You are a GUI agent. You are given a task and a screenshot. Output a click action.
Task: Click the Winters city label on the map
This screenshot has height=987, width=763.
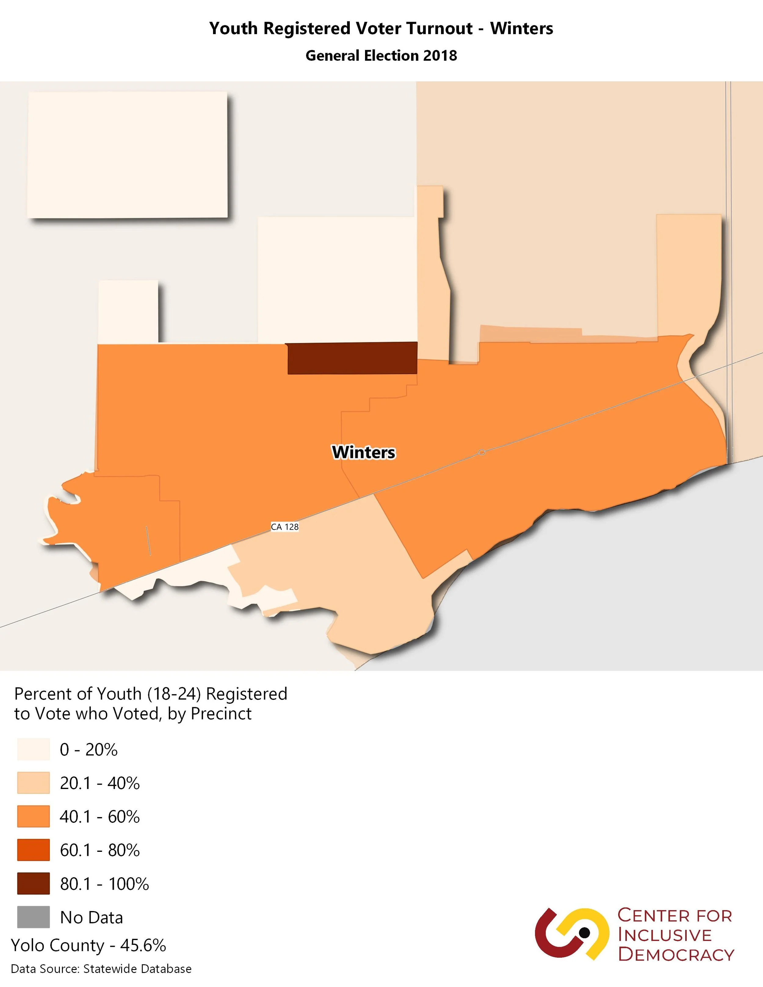coord(363,452)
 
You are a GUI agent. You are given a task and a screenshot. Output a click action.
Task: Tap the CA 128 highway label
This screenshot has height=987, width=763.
coord(285,527)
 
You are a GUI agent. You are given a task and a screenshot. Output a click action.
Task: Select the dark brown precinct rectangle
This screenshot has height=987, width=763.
coord(353,358)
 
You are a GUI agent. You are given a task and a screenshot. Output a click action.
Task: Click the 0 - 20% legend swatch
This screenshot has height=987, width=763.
coord(34,750)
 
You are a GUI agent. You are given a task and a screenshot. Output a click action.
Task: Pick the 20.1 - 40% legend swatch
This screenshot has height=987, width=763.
coord(34,783)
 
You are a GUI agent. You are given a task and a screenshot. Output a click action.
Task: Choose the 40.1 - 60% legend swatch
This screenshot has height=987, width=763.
coord(34,817)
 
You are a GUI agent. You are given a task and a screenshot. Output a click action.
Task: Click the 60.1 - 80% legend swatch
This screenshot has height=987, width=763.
coord(34,850)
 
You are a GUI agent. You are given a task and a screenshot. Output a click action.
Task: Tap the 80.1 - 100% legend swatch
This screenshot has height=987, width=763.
coord(34,884)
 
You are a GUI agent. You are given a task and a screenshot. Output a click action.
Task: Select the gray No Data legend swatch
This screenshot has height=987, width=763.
coord(34,917)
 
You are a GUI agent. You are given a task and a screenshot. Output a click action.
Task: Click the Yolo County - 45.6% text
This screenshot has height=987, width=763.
coord(89,945)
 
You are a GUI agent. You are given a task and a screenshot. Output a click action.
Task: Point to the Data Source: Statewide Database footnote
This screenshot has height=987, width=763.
coord(101,969)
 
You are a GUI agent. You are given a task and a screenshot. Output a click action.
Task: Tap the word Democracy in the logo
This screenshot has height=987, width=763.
coord(676,954)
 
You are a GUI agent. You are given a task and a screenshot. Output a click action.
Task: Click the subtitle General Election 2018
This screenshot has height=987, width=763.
coord(381,56)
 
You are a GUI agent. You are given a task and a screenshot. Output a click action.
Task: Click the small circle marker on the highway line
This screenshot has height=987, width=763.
coord(482,452)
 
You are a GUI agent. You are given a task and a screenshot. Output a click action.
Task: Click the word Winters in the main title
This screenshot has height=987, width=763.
coord(522,28)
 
